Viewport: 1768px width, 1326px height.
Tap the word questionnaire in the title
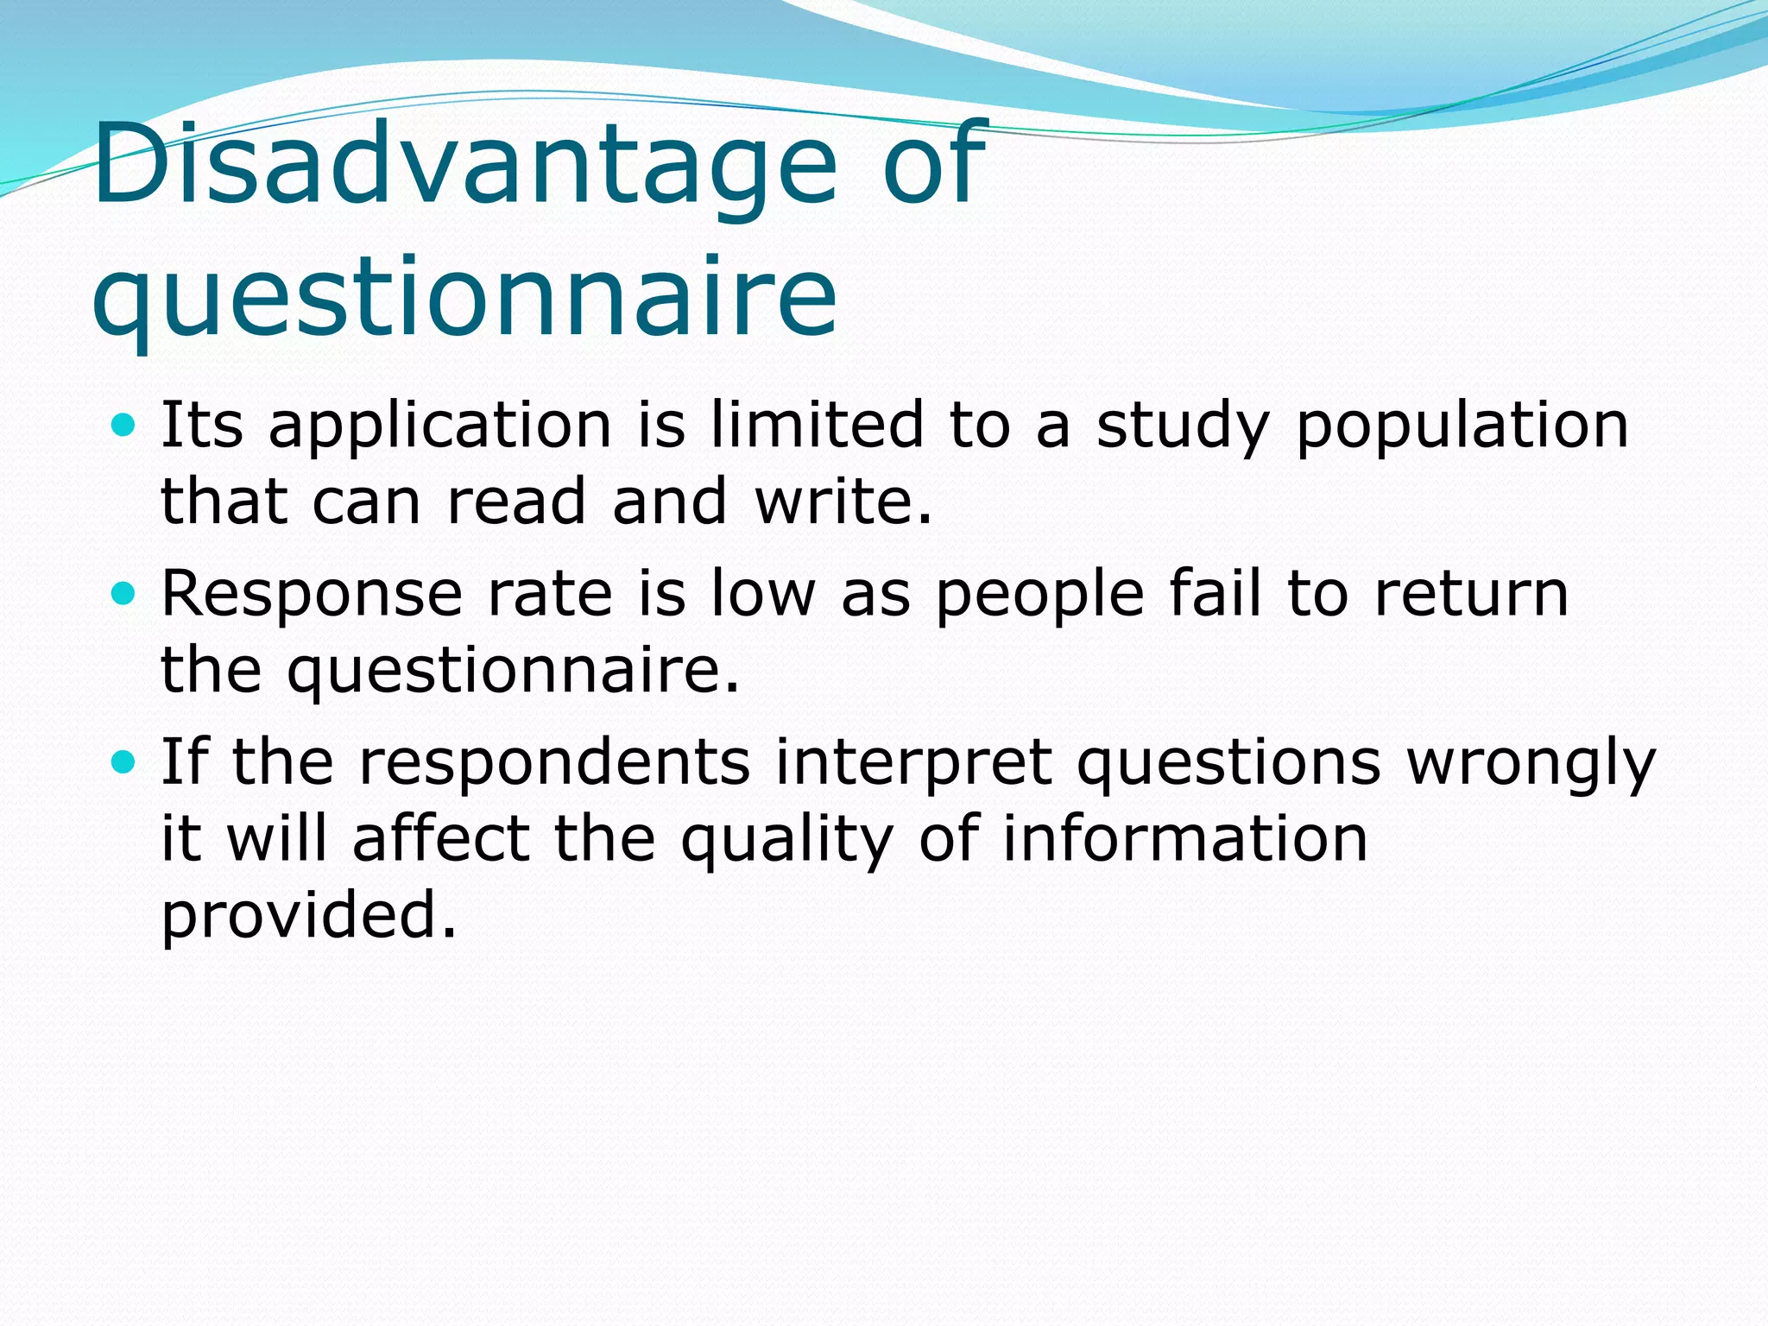tap(464, 298)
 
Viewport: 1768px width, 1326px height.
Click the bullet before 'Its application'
tap(124, 425)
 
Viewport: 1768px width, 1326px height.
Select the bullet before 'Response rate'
tap(124, 593)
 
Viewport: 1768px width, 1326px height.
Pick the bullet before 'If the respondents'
tap(124, 761)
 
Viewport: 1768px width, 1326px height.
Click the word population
tap(1462, 427)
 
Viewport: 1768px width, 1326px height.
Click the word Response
tap(313, 596)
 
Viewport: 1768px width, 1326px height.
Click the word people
tap(1039, 596)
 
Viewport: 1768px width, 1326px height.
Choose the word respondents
tap(554, 764)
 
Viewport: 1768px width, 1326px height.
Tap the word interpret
tap(912, 764)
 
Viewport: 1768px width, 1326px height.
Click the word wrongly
tap(1531, 764)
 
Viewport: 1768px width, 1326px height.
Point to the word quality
tap(786, 840)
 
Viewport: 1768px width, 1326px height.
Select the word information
tap(1184, 838)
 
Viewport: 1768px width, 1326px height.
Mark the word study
tap(1183, 427)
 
